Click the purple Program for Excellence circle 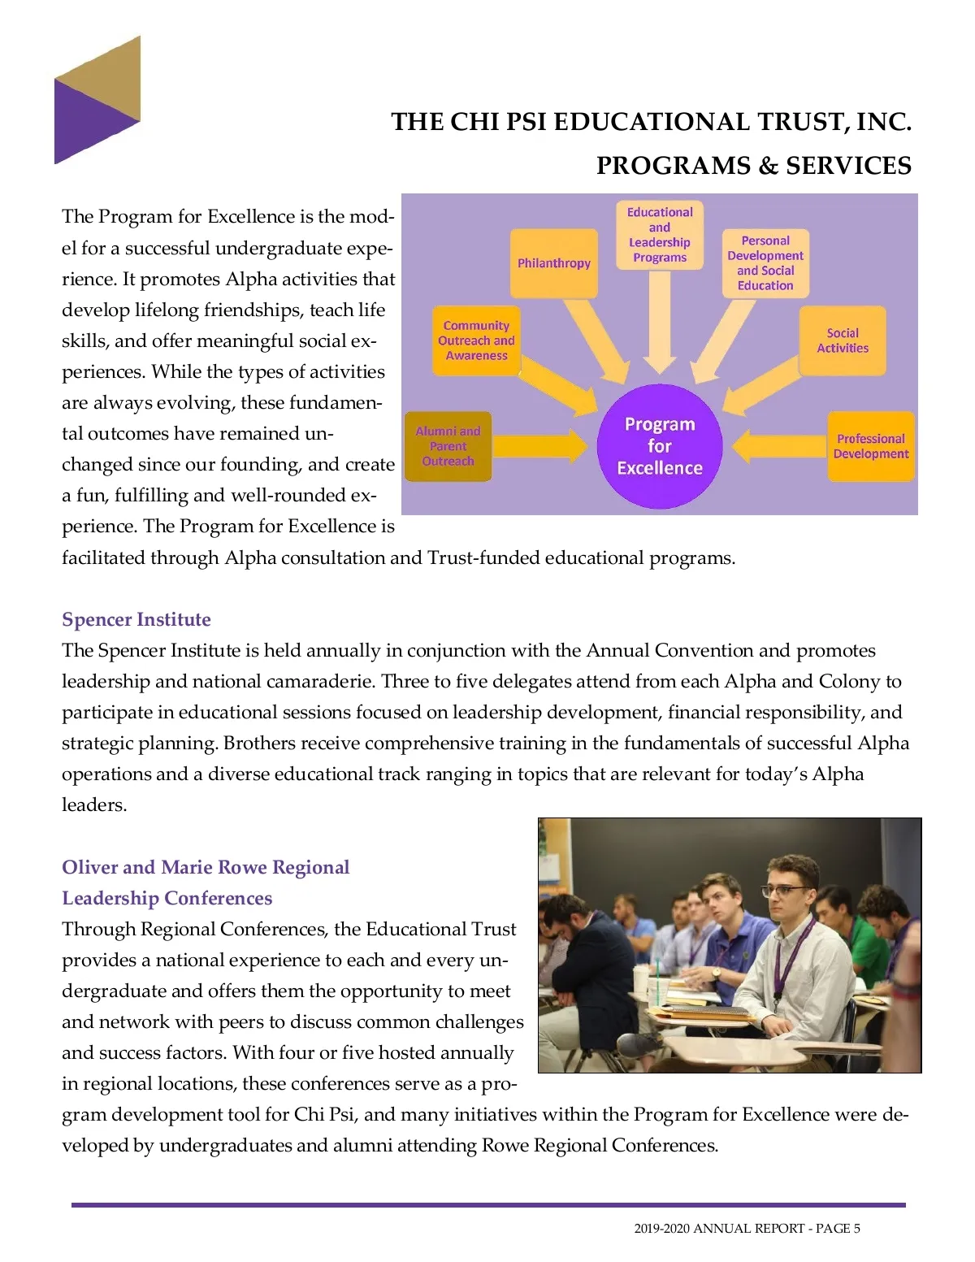pos(659,446)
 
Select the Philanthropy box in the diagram pos(553,263)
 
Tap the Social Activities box pos(842,340)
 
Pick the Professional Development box pos(870,446)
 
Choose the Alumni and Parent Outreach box pos(448,446)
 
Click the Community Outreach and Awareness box pos(476,340)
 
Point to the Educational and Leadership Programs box pos(659,235)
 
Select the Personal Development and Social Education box pos(765,263)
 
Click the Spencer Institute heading pos(136,620)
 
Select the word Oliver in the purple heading pos(89,867)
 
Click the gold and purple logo pos(97,100)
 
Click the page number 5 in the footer pos(856,1228)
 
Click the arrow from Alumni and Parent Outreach pos(540,446)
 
